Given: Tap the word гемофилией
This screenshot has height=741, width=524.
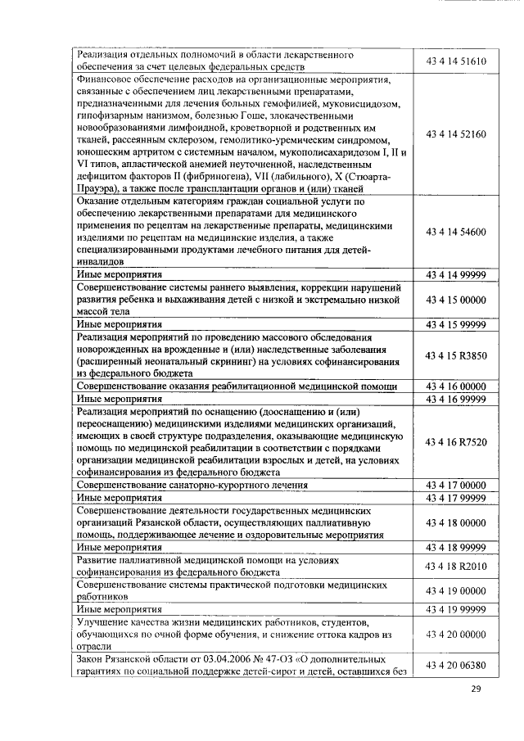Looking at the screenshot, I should tap(300, 104).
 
